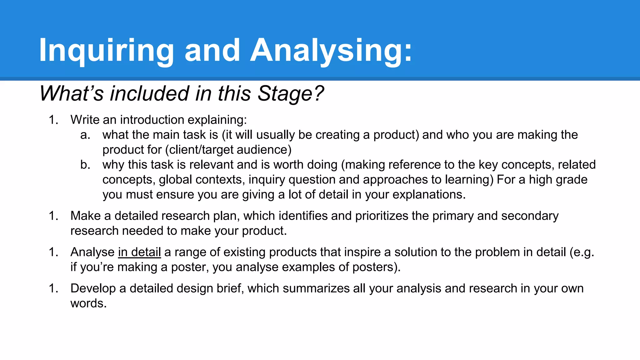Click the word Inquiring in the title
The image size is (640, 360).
[x=106, y=51]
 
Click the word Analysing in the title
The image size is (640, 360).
[x=331, y=51]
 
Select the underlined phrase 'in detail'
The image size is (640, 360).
[x=139, y=252]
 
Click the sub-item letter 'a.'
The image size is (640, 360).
[x=85, y=135]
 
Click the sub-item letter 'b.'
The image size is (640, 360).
[x=85, y=165]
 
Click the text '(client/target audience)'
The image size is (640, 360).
[x=228, y=150]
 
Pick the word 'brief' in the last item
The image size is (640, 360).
[x=230, y=288]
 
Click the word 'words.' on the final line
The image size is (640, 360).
[x=88, y=303]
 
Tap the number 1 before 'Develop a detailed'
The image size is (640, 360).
[x=53, y=288]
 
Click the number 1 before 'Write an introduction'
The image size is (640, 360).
[x=53, y=120]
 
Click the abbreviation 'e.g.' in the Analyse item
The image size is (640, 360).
[x=582, y=252]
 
